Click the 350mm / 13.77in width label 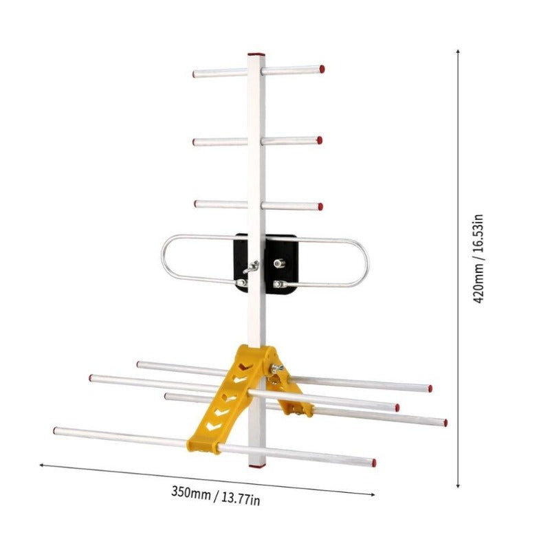click(215, 495)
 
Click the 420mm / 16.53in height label click(481, 258)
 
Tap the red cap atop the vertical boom click(256, 53)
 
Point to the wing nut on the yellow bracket click(277, 368)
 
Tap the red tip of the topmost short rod click(322, 69)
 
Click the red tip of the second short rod click(320, 140)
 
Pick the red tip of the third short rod click(320, 206)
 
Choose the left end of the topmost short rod click(195, 74)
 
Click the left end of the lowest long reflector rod click(56, 431)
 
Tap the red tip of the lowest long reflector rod click(373, 463)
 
